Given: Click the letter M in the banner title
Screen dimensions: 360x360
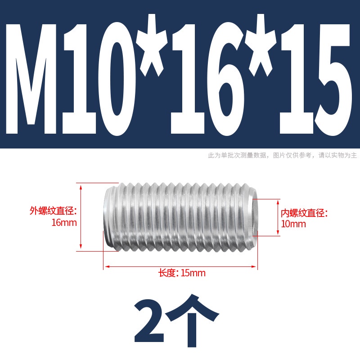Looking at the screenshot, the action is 31,79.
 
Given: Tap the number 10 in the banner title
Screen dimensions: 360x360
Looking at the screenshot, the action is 98,79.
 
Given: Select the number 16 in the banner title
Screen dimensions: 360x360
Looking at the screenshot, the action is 207,79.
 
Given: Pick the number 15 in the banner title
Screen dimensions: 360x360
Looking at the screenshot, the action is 316,79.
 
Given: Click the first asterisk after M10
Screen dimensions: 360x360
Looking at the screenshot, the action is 151,45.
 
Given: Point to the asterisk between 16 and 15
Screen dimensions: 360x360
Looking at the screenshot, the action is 261,45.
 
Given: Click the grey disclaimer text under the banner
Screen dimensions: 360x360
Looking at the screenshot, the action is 283,155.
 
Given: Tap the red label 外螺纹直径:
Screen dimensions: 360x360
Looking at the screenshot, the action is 53,211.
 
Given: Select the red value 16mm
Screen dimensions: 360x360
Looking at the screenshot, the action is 64,223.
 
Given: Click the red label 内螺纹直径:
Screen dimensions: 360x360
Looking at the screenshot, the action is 304,213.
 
